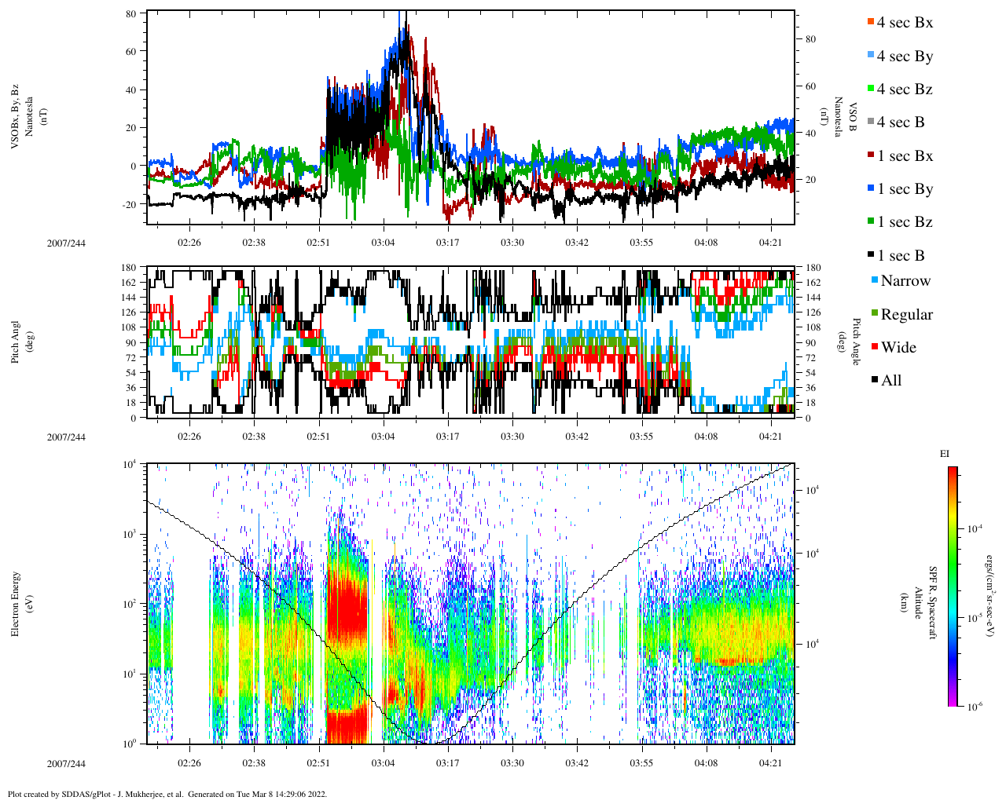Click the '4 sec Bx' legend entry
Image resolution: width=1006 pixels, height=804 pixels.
point(904,23)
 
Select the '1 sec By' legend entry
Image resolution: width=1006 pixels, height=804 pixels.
point(904,189)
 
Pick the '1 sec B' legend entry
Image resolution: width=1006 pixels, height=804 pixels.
point(901,256)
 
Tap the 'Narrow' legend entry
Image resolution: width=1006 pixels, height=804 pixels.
point(905,281)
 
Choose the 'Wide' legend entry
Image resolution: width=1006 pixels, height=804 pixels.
point(898,348)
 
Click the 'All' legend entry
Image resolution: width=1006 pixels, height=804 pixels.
point(890,381)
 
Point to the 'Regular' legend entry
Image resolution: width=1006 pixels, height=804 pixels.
point(905,315)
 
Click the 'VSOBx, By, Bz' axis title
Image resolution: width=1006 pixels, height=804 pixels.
point(16,118)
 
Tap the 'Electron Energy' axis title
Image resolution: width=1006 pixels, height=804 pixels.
point(16,603)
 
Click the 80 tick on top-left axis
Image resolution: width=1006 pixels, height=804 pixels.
point(131,13)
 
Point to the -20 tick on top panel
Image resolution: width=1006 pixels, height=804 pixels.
point(129,204)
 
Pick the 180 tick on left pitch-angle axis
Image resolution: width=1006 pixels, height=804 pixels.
point(129,268)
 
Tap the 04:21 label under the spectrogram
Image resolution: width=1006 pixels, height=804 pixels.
point(771,763)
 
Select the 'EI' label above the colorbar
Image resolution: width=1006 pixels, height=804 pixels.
point(945,454)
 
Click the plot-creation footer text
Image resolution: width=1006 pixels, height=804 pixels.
point(167,794)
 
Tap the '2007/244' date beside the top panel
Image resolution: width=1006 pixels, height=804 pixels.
point(66,243)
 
